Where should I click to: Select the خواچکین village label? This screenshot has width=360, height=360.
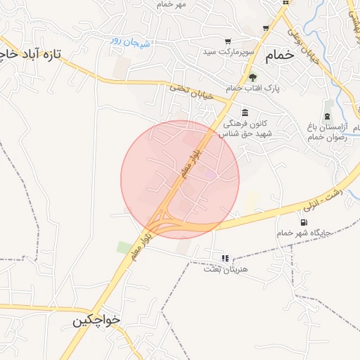pyautogui.click(x=96, y=319)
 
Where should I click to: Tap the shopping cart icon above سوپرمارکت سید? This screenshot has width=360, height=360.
pyautogui.click(x=228, y=41)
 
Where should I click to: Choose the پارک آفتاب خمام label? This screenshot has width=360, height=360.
pyautogui.click(x=252, y=89)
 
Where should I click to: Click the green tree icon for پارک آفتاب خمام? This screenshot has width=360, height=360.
pyautogui.click(x=252, y=77)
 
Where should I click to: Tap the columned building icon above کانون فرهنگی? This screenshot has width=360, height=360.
pyautogui.click(x=245, y=112)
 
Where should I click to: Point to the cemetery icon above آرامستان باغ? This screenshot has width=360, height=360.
pyautogui.click(x=327, y=116)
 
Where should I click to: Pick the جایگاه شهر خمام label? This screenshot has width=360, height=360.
pyautogui.click(x=304, y=232)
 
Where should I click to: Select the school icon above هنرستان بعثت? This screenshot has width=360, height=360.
pyautogui.click(x=225, y=258)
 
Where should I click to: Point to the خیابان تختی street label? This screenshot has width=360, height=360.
pyautogui.click(x=179, y=89)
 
